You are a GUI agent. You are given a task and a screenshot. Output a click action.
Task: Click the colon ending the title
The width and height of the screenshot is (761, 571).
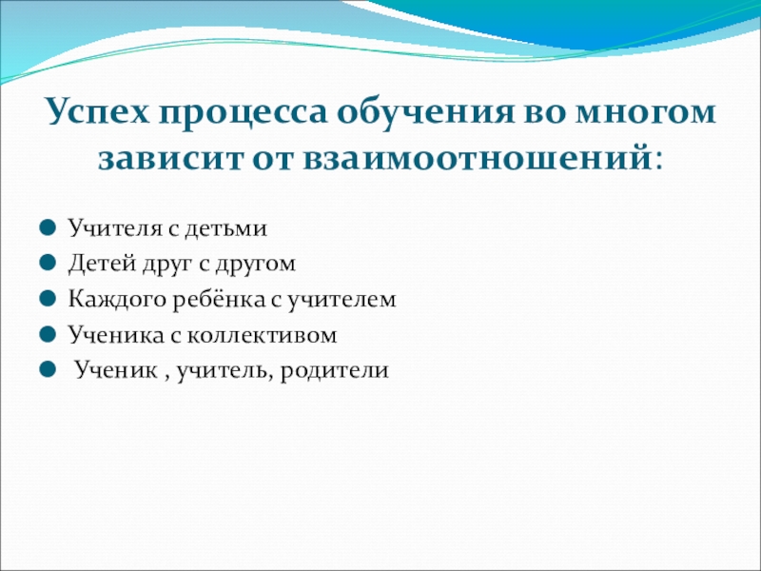[657, 161]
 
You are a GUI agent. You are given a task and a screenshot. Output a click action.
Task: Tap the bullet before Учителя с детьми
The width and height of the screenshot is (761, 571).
[48, 227]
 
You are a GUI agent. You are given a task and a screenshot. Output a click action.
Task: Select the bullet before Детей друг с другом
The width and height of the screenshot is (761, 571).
[48, 264]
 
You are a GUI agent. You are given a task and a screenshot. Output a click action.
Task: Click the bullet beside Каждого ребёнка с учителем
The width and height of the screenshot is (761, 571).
[48, 299]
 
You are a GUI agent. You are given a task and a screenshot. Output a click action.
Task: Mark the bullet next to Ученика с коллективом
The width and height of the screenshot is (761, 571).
[48, 335]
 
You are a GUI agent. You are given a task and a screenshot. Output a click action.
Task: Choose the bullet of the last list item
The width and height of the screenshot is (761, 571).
[48, 370]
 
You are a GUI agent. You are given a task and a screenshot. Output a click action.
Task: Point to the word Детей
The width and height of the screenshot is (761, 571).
[101, 264]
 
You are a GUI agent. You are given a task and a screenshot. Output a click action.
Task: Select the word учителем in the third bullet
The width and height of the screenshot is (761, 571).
[342, 299]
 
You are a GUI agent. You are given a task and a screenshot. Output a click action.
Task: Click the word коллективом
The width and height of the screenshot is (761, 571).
[262, 335]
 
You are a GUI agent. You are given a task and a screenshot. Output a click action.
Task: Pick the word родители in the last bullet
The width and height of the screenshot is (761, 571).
[335, 370]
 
